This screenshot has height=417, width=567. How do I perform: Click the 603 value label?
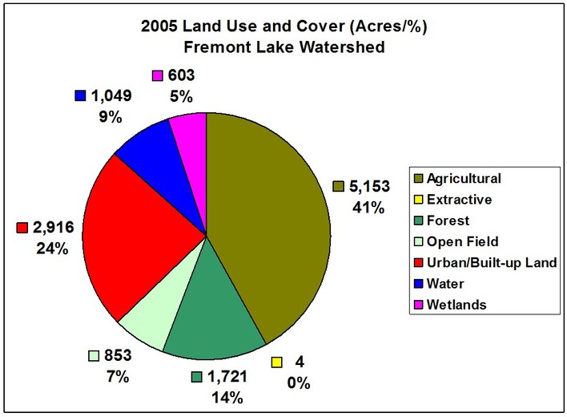[182, 75]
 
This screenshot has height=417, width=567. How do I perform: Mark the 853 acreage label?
[117, 355]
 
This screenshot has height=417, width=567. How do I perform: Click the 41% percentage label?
[367, 207]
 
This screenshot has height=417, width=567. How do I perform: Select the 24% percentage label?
[51, 249]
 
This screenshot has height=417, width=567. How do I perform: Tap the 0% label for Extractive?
[299, 383]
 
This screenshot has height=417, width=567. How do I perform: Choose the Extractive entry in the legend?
[459, 198]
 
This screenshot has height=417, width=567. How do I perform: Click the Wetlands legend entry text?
[456, 305]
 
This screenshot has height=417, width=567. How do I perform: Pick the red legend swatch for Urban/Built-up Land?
[416, 262]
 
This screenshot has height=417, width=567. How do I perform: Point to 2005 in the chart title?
[171, 26]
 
